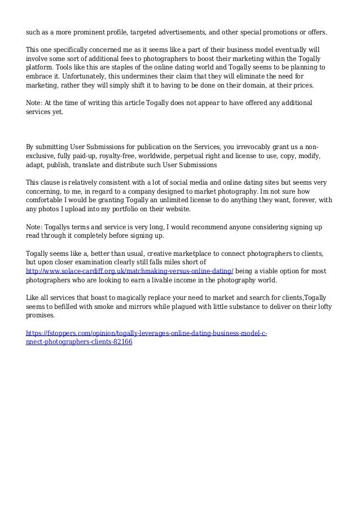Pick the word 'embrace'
click(41, 76)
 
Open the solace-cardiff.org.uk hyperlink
click(130, 272)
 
